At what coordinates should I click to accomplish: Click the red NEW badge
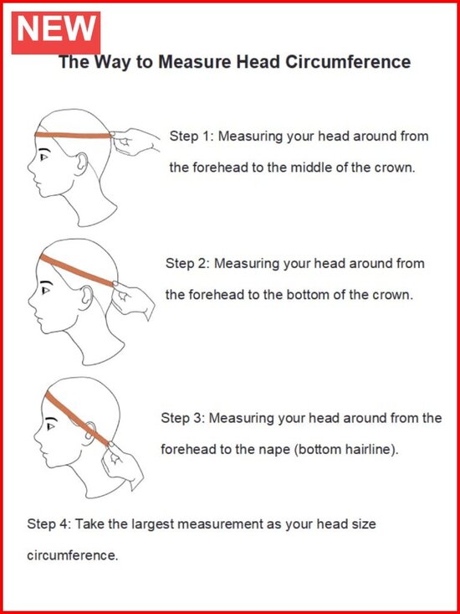pos(56,33)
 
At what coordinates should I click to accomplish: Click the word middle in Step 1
pos(310,168)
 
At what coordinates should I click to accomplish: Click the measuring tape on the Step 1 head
pos(74,136)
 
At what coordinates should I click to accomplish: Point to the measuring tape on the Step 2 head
pos(78,271)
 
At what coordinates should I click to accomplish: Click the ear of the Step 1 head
pos(81,163)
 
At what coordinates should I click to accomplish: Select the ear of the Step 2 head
pos(87,296)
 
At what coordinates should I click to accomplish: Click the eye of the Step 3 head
pos(51,426)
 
